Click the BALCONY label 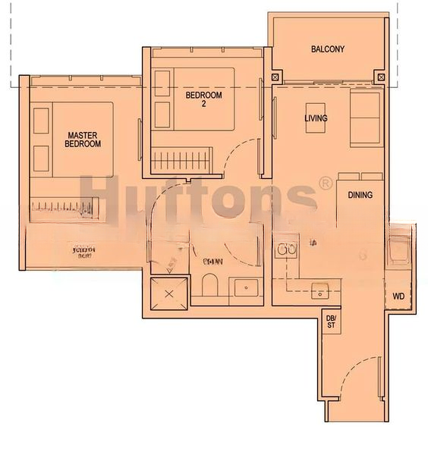[328, 49]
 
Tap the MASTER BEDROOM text [82, 140]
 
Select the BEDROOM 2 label [203, 99]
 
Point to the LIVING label [316, 118]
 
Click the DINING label [360, 195]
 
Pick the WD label [398, 297]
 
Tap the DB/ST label [331, 321]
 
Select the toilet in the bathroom [210, 287]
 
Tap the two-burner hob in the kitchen [285, 250]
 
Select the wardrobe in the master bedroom [64, 206]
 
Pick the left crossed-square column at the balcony [275, 77]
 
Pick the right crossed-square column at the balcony [380, 77]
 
